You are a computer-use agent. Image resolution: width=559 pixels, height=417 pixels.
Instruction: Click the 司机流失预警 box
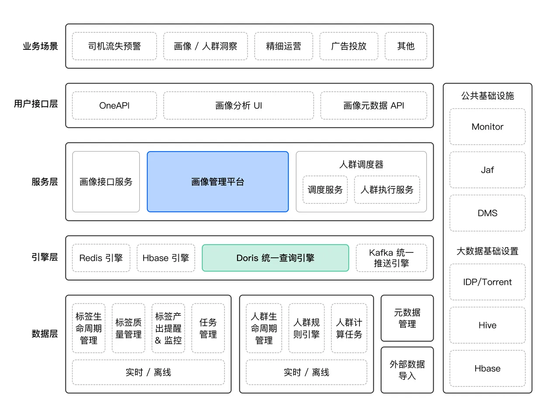coord(114,46)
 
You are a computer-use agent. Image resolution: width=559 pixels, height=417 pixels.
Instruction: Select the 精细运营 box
coord(283,46)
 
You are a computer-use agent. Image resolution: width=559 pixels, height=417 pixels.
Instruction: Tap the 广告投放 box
coord(349,46)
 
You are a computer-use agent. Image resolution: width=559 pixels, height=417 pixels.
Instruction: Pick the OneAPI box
coord(114,105)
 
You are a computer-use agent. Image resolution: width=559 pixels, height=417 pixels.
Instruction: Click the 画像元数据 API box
coord(373,105)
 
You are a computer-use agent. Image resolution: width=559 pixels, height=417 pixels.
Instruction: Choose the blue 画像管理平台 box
coord(217,182)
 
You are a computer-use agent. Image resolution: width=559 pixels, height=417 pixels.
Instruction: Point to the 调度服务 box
coord(325,190)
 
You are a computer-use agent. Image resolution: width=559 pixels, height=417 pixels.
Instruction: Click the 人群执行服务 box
coord(387,190)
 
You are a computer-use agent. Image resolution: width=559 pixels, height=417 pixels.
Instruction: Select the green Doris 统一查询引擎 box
coord(275,258)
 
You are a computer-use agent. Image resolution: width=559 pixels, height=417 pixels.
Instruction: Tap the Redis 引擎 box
coord(101,258)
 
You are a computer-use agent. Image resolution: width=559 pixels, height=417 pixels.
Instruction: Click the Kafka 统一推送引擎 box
coord(391,258)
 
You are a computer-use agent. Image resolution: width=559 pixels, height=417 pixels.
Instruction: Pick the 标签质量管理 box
coord(128,328)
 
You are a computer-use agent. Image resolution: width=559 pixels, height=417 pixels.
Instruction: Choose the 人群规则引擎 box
coord(306,328)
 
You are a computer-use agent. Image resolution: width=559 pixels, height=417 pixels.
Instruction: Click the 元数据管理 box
coord(407,318)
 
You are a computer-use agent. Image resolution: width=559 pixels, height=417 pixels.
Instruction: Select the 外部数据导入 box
coord(407,369)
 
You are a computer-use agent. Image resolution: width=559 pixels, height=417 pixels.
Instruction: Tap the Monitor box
coord(487,127)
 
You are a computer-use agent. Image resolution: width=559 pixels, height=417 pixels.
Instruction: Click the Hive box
coord(487,325)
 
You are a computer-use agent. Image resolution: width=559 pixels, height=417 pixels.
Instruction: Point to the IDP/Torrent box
coord(487,282)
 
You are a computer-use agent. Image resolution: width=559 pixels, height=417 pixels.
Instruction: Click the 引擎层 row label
coord(45,257)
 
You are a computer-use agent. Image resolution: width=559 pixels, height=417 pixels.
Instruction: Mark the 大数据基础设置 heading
coord(487,251)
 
